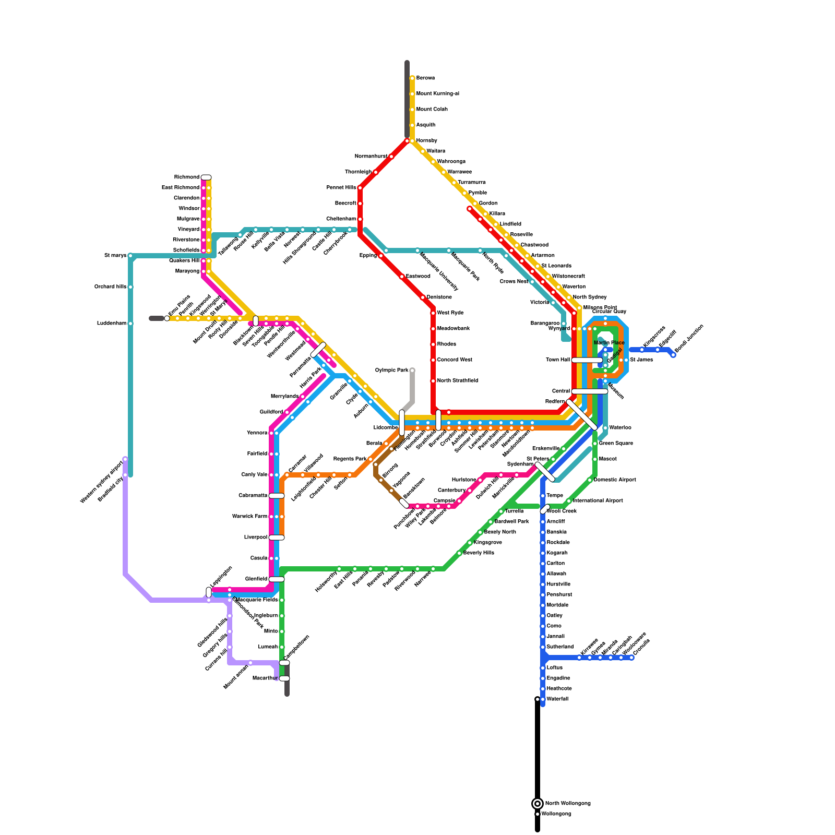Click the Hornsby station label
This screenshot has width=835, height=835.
coord(426,141)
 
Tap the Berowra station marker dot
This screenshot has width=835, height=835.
coord(412,78)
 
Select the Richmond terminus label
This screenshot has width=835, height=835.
coord(187,177)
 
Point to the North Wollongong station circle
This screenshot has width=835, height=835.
coord(538,804)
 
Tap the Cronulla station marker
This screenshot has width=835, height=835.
coord(631,658)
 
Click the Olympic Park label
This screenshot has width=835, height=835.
coord(391,371)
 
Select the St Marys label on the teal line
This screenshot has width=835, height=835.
coord(115,256)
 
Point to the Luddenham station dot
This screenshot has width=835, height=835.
coord(130,324)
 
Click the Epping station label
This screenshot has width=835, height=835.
coord(368,256)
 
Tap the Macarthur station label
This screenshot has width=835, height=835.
coord(265,678)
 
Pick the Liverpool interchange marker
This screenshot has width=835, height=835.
coord(277,538)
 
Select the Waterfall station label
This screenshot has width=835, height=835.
coord(557,699)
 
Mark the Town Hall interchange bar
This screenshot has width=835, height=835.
coord(587,360)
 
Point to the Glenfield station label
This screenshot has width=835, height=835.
coord(256,579)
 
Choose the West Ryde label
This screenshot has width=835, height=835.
coord(450,313)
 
